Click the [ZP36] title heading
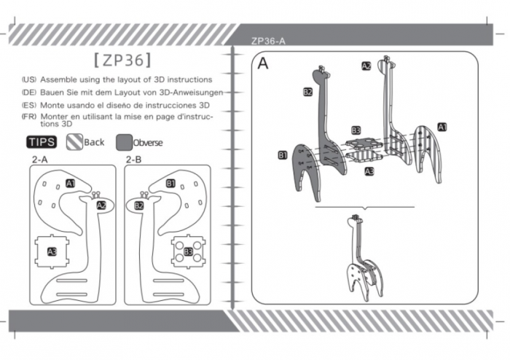tap(122, 60)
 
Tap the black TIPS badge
tap(42, 142)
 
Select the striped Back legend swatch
tap(74, 142)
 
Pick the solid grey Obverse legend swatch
tap(125, 142)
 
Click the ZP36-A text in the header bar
tap(268, 41)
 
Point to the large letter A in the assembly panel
tap(263, 63)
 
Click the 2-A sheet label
tap(39, 160)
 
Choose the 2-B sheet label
tap(133, 160)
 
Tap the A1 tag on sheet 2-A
tap(71, 184)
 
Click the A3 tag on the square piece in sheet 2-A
tap(52, 251)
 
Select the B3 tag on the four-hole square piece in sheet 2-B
tap(188, 251)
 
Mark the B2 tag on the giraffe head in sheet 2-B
tap(139, 206)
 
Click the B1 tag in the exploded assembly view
tap(283, 155)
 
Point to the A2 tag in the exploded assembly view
tap(366, 66)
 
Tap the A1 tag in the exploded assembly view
tap(442, 127)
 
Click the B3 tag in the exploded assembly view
tap(356, 130)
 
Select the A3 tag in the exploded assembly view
tap(369, 171)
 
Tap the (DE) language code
tap(29, 93)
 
